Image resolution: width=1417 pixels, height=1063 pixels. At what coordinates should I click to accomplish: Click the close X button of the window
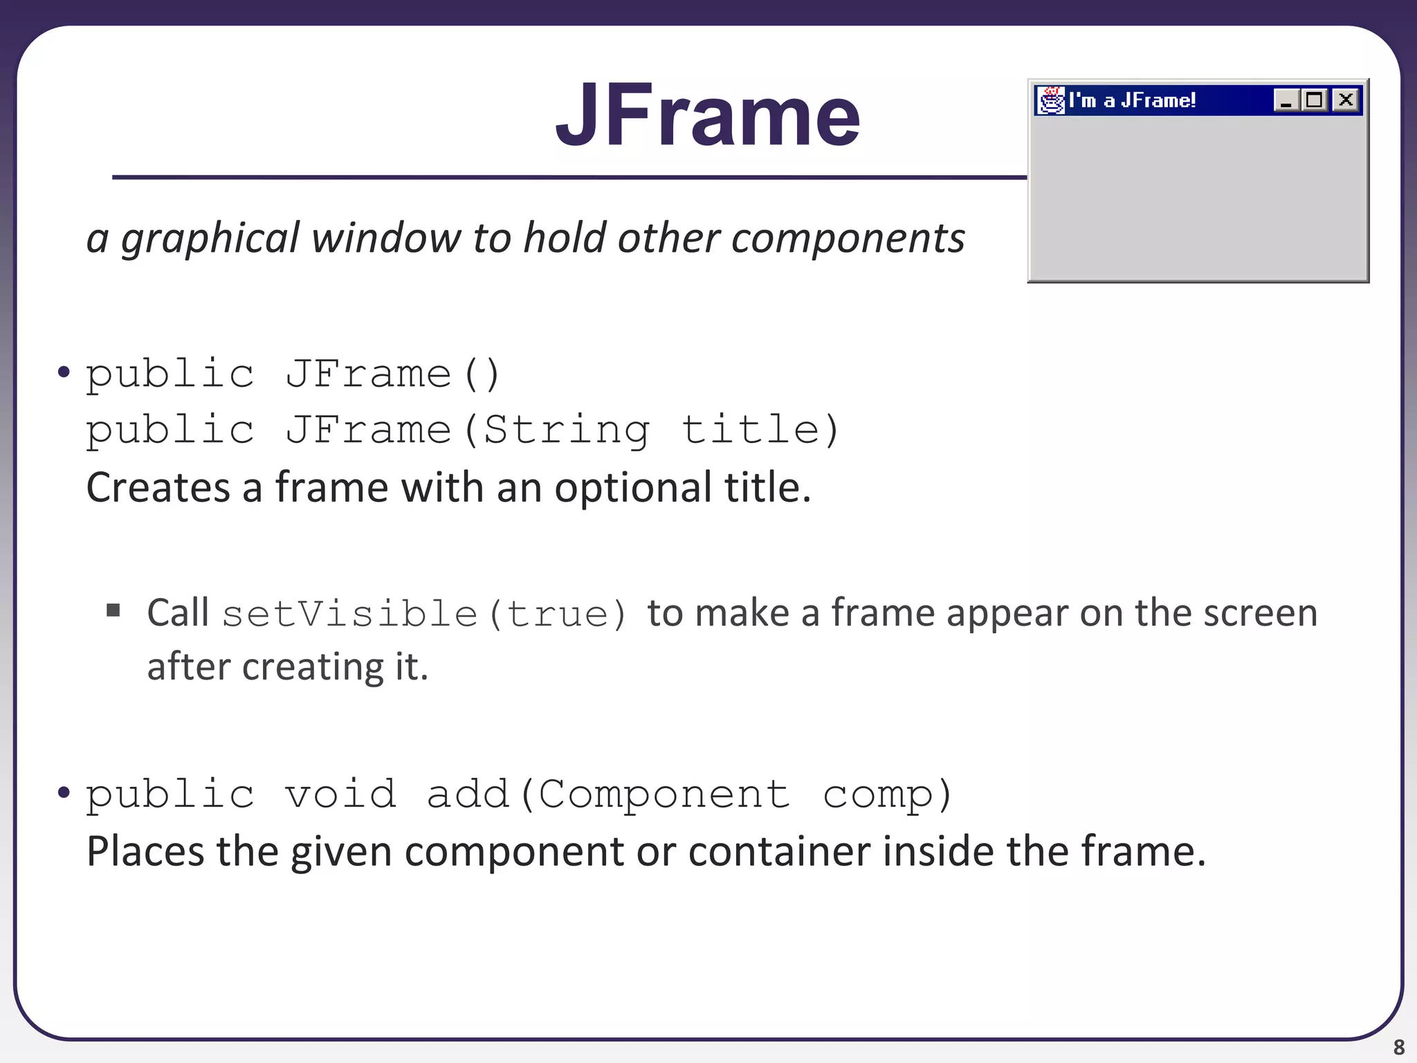(x=1346, y=100)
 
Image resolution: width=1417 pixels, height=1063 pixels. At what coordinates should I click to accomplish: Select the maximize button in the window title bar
(x=1315, y=100)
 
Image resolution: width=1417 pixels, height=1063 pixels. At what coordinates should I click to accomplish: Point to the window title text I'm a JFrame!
(x=1132, y=101)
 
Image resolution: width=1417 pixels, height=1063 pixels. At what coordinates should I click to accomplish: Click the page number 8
(x=1399, y=1046)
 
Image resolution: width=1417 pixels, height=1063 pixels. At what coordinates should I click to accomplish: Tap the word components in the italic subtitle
(x=848, y=239)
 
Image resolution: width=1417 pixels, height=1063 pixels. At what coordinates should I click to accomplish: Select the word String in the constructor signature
(x=567, y=430)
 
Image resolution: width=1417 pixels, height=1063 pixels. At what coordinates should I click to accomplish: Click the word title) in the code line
(x=760, y=430)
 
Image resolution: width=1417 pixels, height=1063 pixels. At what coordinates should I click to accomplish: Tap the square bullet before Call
(x=113, y=610)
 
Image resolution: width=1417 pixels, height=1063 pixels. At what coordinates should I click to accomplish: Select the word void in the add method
(x=340, y=794)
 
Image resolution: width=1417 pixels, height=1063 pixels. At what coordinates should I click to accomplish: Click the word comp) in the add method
(x=888, y=795)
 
